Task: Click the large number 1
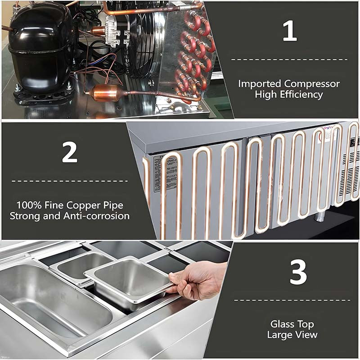[290, 31]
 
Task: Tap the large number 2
[70, 152]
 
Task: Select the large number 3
[298, 273]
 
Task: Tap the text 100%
[29, 205]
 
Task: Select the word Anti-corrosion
[96, 216]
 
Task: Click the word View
[306, 335]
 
